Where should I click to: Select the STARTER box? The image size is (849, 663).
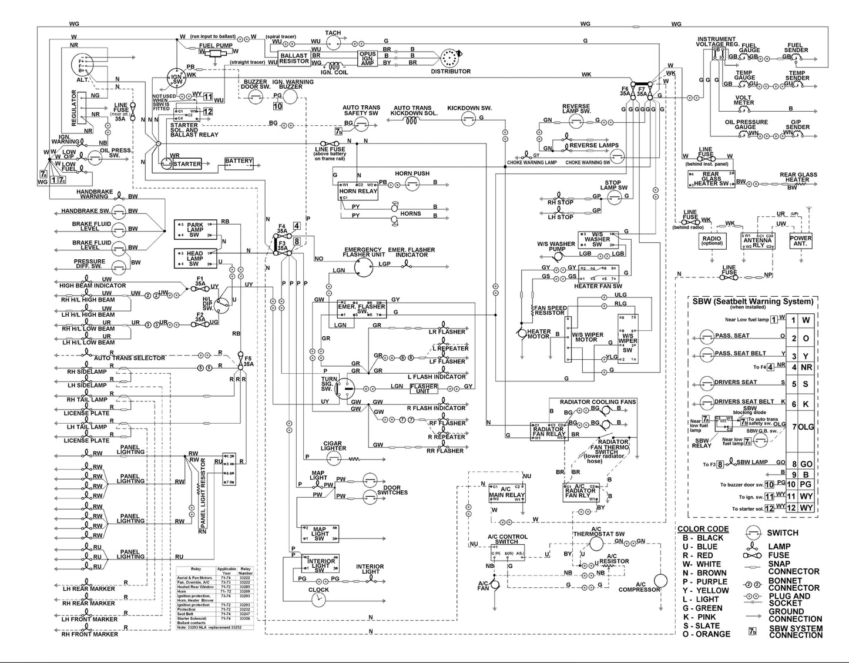[x=186, y=164]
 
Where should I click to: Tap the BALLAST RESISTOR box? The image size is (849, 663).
[x=294, y=59]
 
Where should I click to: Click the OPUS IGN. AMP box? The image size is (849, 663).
[x=368, y=59]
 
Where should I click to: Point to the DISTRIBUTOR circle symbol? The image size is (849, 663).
[x=449, y=59]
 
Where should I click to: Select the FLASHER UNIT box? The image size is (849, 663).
[x=424, y=389]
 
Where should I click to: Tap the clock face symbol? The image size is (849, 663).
[x=318, y=600]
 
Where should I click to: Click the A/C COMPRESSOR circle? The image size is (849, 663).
[x=661, y=580]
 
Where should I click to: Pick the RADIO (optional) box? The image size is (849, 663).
[x=712, y=240]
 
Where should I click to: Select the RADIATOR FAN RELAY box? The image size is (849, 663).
[x=548, y=431]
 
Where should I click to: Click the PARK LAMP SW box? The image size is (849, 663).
[x=195, y=230]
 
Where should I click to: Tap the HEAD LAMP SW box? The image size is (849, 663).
[x=195, y=258]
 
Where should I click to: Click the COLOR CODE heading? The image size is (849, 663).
[x=703, y=529]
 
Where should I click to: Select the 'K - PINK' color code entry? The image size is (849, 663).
[x=703, y=617]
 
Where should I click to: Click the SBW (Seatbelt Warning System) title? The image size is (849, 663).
[x=753, y=302]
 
